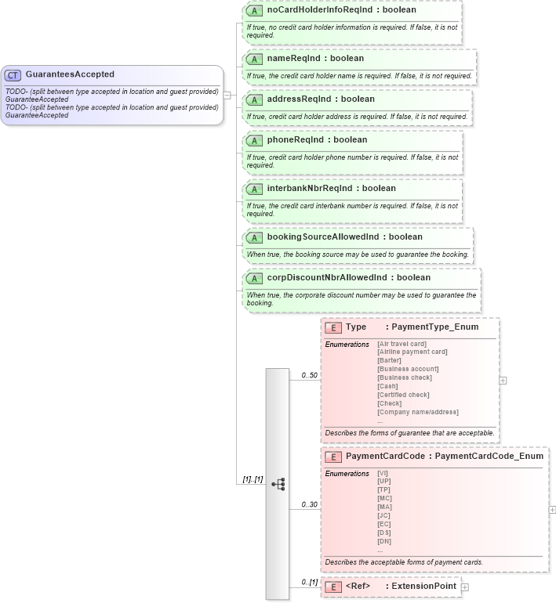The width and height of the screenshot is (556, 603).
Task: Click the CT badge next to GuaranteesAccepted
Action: [x=13, y=75]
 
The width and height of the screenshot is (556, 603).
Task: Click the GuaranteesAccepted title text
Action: [x=70, y=74]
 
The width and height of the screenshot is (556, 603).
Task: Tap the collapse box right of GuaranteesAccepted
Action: [x=227, y=96]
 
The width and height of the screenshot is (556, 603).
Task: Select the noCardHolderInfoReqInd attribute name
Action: [x=342, y=10]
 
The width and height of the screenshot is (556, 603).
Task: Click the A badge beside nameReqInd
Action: [x=253, y=59]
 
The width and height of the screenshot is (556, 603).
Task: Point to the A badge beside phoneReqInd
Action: [x=253, y=140]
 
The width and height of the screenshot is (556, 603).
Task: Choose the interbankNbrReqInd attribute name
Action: [x=331, y=189]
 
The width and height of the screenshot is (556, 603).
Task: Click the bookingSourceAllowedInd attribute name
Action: [x=344, y=237]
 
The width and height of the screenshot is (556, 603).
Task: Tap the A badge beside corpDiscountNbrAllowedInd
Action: [x=253, y=278]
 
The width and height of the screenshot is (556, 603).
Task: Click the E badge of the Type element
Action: [x=333, y=328]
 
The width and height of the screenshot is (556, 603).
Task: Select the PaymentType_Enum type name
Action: [x=434, y=327]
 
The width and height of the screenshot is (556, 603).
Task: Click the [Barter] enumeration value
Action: [x=391, y=360]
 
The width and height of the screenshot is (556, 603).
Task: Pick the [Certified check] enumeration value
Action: [x=403, y=395]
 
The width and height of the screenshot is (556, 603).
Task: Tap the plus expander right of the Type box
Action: [x=503, y=381]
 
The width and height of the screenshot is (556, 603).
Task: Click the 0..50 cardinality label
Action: [x=310, y=375]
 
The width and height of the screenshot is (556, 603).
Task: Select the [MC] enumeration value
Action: [x=384, y=498]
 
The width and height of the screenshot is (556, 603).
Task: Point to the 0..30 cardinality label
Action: [x=310, y=504]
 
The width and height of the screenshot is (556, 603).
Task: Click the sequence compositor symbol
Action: [x=278, y=484]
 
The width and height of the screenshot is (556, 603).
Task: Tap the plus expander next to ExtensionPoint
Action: [x=465, y=587]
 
